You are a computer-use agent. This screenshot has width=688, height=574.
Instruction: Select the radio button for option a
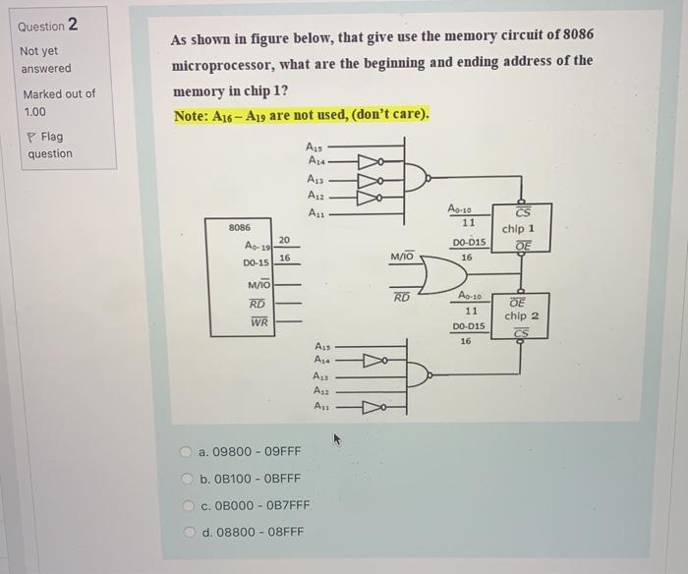pyautogui.click(x=185, y=452)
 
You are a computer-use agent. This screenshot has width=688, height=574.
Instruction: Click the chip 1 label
pyautogui.click(x=517, y=229)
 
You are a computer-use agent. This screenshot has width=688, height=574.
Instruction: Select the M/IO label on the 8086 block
pyautogui.click(x=258, y=285)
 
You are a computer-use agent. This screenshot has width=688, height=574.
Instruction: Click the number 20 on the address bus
pyautogui.click(x=284, y=239)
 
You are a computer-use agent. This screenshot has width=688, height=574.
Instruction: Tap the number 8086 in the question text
pyautogui.click(x=576, y=36)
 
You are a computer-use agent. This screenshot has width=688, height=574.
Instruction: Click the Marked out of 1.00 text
pyautogui.click(x=58, y=103)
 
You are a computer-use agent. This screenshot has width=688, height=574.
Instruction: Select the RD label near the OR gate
pyautogui.click(x=402, y=297)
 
